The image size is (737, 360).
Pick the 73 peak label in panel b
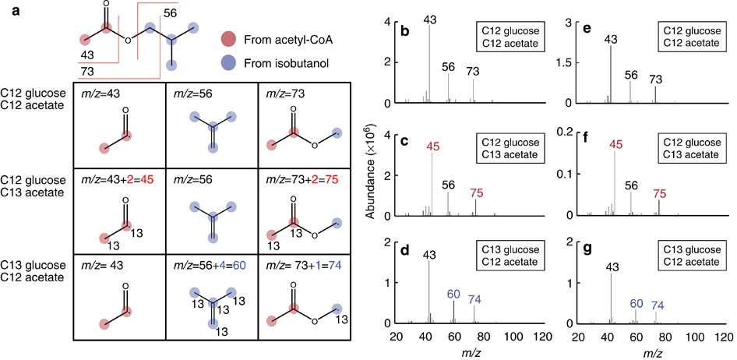[473, 72]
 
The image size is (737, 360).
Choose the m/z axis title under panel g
[651, 351]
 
